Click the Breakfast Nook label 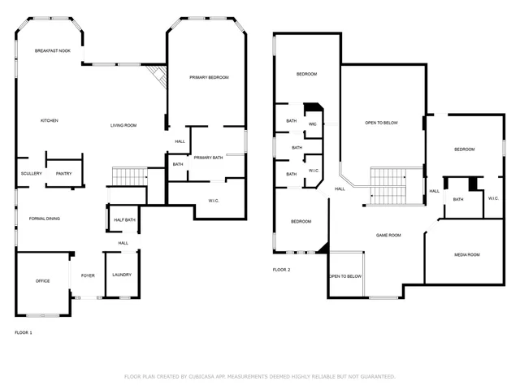[x=52, y=50]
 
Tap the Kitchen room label [x=50, y=120]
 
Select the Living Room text [x=123, y=125]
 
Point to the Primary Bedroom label [x=209, y=77]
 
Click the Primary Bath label [x=208, y=157]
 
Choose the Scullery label [x=31, y=173]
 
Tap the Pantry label [x=63, y=173]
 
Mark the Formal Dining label [x=44, y=218]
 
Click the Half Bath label [x=123, y=219]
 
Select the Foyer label [x=88, y=275]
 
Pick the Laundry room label [x=122, y=275]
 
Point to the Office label [x=42, y=281]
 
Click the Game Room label [x=388, y=235]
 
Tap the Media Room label [x=466, y=254]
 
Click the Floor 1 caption [x=24, y=332]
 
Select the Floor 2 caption [x=282, y=269]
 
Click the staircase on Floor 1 [x=128, y=176]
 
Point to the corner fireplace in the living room [x=157, y=77]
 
